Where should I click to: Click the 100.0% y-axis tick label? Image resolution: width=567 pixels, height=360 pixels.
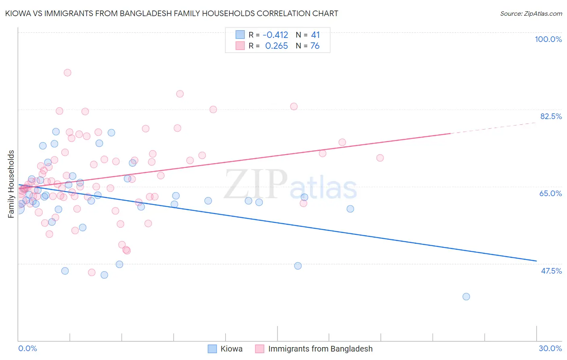(x=548, y=39)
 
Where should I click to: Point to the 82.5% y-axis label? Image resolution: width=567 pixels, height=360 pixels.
(x=551, y=116)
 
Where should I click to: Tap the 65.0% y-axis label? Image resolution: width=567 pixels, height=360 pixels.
(x=550, y=193)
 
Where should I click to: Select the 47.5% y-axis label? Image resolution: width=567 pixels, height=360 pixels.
(x=551, y=271)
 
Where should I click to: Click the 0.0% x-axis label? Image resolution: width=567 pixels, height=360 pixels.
(x=27, y=348)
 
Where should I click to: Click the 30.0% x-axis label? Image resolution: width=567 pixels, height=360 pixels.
(x=550, y=348)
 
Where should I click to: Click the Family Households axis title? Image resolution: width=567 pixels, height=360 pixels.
(x=11, y=184)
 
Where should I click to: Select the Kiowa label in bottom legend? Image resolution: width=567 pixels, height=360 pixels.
(x=231, y=349)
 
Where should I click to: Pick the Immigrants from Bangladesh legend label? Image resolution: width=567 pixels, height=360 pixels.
(x=320, y=349)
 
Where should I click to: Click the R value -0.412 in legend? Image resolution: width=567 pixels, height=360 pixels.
(x=275, y=35)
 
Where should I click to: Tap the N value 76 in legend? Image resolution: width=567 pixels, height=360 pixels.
(x=315, y=46)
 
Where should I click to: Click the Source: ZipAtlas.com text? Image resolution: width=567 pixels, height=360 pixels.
(x=531, y=13)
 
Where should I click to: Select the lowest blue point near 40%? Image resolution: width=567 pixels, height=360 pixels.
(x=466, y=297)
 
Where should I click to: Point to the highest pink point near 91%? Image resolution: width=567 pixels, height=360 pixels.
(x=67, y=73)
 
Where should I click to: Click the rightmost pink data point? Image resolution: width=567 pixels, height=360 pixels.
(x=380, y=158)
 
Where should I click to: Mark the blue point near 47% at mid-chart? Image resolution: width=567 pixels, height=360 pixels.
(x=298, y=266)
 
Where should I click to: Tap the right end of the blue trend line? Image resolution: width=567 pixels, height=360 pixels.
(x=536, y=261)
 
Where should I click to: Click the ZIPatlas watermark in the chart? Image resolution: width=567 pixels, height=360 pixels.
(x=290, y=185)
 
